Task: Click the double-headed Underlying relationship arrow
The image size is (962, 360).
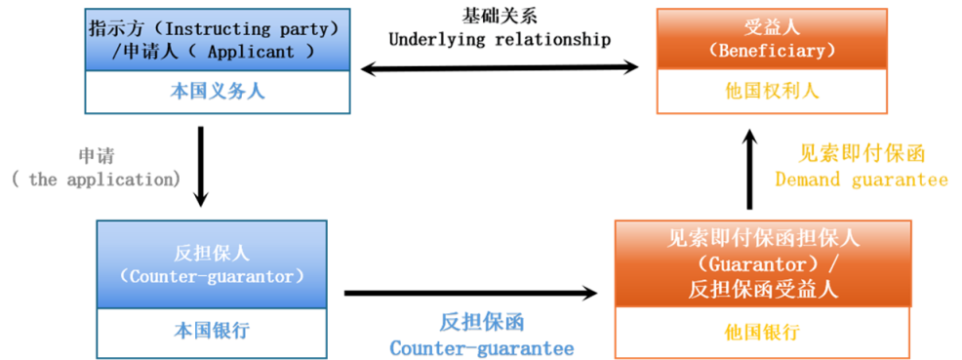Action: pos(500,68)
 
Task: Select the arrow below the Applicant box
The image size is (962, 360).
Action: pos(201,167)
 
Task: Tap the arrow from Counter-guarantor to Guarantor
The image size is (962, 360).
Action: pos(470,293)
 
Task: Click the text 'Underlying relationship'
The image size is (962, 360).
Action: pos(500,40)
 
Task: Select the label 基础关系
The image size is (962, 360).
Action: pos(500,15)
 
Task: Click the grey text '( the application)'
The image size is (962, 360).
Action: pos(97,180)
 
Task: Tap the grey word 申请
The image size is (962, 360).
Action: pos(97,155)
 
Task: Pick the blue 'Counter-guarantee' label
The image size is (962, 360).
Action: pos(482,347)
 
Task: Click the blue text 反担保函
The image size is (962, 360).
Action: pos(482,322)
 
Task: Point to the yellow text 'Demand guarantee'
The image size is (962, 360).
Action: pos(862,180)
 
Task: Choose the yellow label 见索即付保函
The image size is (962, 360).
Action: pos(862,153)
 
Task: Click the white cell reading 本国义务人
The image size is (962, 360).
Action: pos(218,92)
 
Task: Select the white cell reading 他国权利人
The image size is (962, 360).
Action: pos(772,92)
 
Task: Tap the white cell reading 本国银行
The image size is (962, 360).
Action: pos(212,331)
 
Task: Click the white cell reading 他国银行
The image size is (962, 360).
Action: pos(762,333)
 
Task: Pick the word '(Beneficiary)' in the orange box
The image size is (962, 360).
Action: pos(772,51)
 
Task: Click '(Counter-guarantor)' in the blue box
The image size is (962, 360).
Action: pos(212,276)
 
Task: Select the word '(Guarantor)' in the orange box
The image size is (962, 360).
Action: pos(755,264)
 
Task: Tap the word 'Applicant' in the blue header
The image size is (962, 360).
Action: pos(251,51)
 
